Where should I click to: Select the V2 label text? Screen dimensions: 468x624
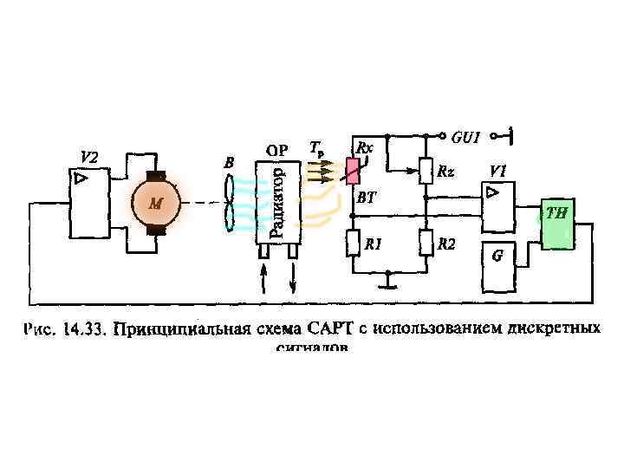89,157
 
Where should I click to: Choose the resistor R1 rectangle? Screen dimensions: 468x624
352,244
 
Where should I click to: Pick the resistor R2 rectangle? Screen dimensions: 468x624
426,244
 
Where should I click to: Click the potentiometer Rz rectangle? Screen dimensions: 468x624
426,171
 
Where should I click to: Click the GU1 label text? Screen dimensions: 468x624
465,137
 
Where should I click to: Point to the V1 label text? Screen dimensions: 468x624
498,170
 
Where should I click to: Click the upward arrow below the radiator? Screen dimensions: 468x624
263,279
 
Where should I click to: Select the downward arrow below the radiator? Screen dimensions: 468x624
292,279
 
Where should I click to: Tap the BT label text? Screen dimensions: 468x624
367,198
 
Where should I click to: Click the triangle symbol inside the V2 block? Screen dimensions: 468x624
80,179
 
